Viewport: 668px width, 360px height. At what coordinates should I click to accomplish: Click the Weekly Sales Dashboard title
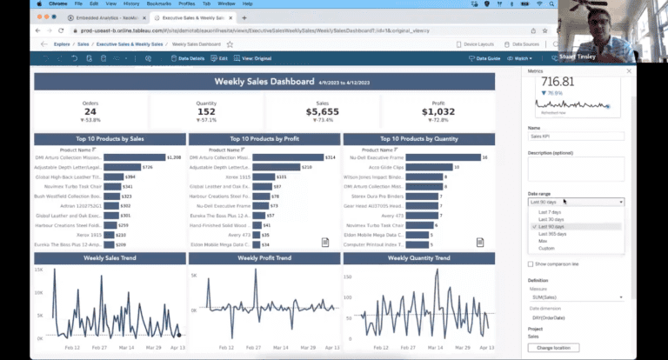click(264, 82)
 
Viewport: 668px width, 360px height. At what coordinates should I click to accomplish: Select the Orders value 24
click(90, 111)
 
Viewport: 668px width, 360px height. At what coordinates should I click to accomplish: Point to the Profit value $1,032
click(438, 111)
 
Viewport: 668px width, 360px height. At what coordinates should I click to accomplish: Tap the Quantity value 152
click(206, 111)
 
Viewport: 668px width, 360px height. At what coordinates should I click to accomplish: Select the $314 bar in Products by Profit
click(278, 157)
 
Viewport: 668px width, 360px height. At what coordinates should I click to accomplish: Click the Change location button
click(553, 348)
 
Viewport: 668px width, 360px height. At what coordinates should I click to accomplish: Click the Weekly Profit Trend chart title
click(264, 258)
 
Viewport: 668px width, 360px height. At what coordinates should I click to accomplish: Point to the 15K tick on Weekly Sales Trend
click(40, 270)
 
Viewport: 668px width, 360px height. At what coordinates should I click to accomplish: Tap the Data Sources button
click(524, 43)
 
